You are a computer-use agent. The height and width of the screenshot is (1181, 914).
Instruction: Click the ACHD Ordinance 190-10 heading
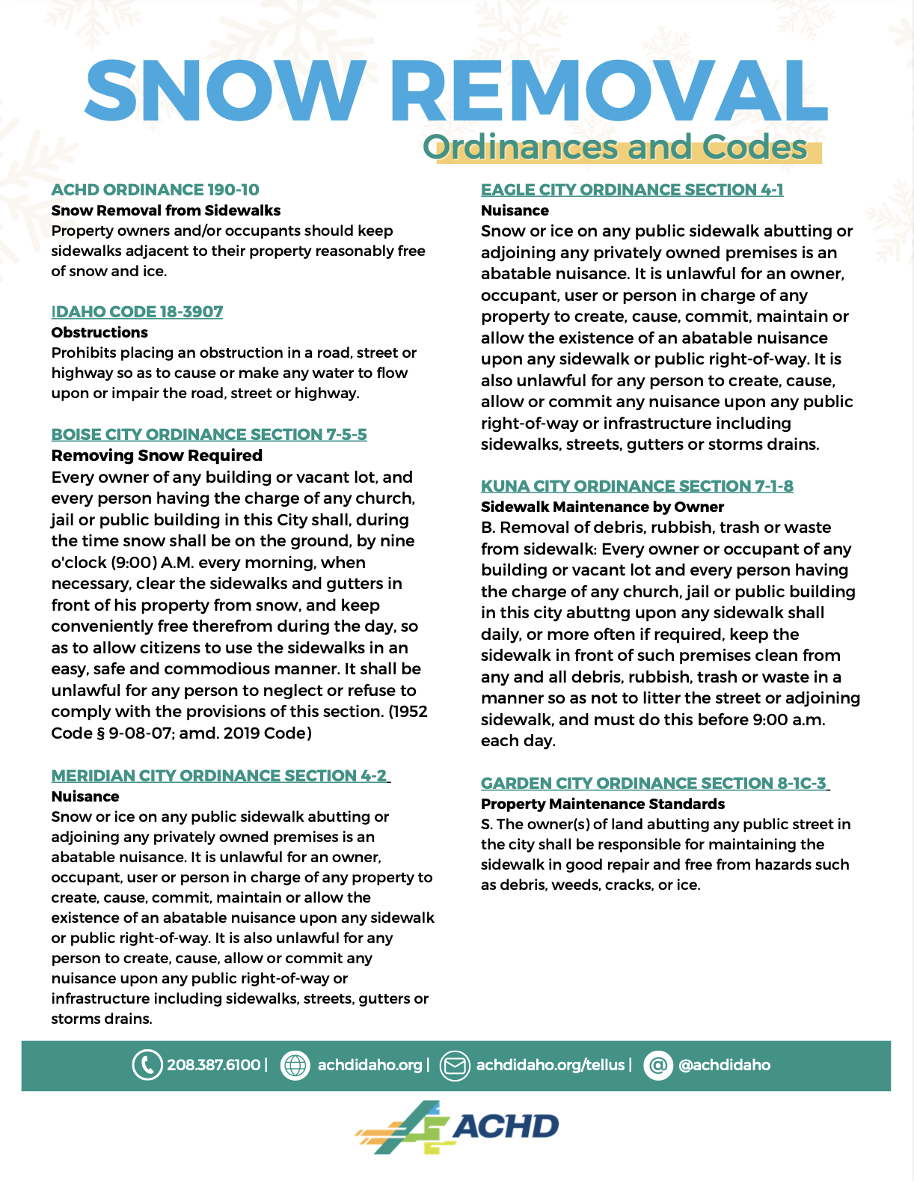click(x=155, y=190)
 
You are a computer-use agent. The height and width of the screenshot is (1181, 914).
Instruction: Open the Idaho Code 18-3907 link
click(x=137, y=312)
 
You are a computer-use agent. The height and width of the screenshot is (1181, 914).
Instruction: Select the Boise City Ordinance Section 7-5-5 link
click(x=209, y=435)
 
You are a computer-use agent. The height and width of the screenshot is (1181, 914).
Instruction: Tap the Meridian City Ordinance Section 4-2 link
click(x=219, y=776)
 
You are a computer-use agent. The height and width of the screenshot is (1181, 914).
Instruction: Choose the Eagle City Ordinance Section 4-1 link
click(x=632, y=190)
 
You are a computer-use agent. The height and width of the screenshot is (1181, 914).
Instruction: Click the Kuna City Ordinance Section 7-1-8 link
click(x=637, y=486)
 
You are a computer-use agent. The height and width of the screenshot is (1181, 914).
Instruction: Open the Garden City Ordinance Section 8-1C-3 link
click(x=654, y=784)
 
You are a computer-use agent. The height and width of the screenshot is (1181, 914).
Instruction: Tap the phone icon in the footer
click(x=147, y=1065)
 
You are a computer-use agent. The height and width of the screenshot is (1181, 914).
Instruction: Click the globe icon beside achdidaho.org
click(x=295, y=1065)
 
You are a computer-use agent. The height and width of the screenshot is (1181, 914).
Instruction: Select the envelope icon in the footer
click(x=454, y=1065)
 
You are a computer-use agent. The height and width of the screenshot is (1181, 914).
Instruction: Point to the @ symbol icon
click(x=658, y=1065)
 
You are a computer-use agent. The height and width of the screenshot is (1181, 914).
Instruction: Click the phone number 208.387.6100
click(x=213, y=1065)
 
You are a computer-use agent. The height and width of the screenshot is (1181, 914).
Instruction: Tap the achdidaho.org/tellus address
click(x=550, y=1065)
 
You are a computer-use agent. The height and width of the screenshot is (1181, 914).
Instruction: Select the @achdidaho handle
click(x=724, y=1065)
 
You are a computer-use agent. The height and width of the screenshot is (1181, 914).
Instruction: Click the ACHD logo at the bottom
click(x=457, y=1127)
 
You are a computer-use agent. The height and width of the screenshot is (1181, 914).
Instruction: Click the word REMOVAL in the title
click(x=607, y=90)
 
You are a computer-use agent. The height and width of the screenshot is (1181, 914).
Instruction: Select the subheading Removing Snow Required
click(x=156, y=456)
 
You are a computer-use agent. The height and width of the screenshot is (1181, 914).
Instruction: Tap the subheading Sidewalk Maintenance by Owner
click(x=602, y=507)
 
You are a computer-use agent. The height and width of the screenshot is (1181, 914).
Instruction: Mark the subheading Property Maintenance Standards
click(x=603, y=805)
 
